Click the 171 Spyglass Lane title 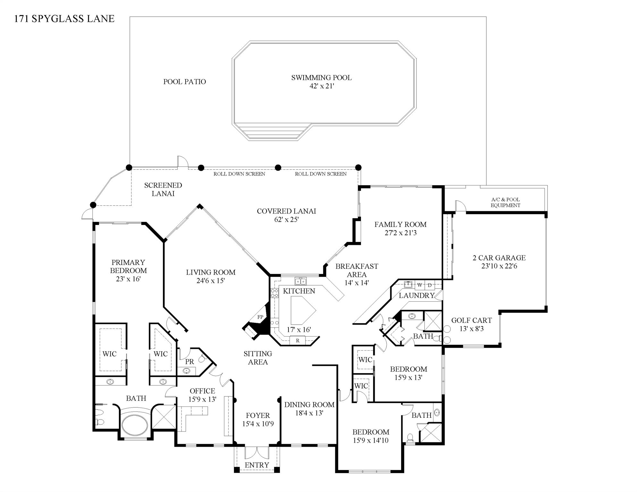64,19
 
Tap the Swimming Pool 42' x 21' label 321,82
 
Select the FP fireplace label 261,317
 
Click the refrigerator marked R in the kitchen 298,340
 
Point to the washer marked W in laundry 419,285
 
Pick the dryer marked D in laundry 430,285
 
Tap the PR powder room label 189,362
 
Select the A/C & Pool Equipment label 505,202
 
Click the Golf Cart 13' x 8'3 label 471,324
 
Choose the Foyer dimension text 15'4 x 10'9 258,424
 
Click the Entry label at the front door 257,465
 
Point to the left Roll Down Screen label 239,174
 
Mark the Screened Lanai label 163,189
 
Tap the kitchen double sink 300,281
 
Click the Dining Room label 309,404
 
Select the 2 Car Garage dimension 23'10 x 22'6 499,266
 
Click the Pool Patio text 184,81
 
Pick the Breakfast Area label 356,270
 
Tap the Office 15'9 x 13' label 202,395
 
